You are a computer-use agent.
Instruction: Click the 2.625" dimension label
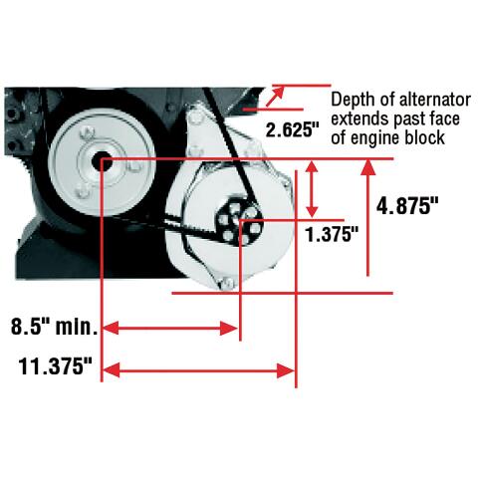click(x=293, y=129)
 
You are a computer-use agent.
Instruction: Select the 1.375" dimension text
click(x=332, y=235)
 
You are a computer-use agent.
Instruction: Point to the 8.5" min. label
click(x=54, y=327)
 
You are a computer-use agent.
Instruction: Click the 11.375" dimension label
click(x=55, y=366)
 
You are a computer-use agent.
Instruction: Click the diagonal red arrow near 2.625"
click(x=275, y=96)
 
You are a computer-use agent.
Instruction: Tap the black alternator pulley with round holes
click(x=239, y=222)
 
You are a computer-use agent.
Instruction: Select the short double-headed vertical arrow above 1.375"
click(x=312, y=189)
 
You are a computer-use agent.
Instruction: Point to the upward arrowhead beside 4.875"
click(x=367, y=167)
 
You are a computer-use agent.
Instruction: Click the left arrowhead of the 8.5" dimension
click(x=111, y=328)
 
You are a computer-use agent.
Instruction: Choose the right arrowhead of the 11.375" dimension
click(x=286, y=370)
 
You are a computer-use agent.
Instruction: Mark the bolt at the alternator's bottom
click(x=229, y=283)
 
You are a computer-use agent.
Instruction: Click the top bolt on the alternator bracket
click(x=194, y=117)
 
